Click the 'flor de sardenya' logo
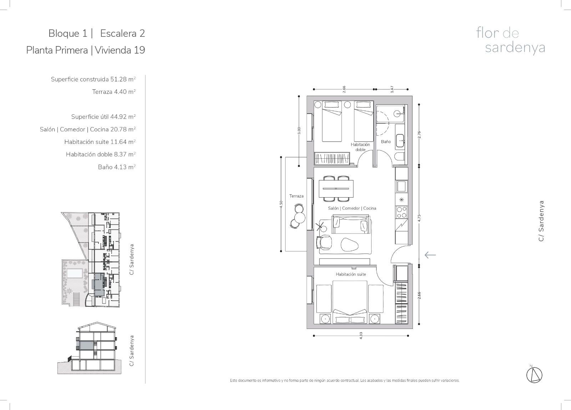[x=511, y=41]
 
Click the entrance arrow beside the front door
[x=430, y=255]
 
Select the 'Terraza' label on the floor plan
[x=296, y=196]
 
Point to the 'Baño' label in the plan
[x=386, y=141]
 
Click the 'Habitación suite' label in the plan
[x=351, y=274]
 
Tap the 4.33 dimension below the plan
[x=361, y=335]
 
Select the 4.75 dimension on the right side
[x=419, y=218]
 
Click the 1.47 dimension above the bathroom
[x=392, y=89]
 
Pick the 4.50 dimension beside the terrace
[x=281, y=204]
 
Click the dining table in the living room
[x=336, y=189]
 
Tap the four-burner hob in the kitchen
[x=401, y=212]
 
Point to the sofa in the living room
[x=350, y=224]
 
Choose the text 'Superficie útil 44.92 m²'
[x=103, y=116]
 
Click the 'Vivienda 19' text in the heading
[x=120, y=50]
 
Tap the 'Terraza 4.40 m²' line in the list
[x=114, y=91]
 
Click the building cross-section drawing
[x=89, y=348]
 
